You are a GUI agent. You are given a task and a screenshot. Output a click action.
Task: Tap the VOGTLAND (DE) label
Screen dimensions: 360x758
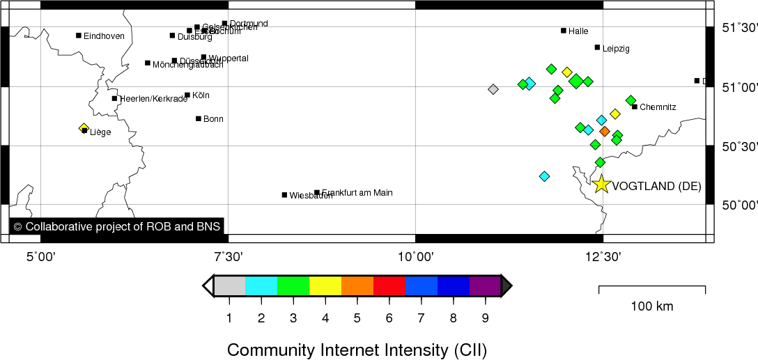pos(656,186)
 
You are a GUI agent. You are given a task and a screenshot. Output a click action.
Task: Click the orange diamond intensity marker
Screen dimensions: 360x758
pos(605,131)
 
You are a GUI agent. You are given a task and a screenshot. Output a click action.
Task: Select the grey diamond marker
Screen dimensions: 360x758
pos(493,89)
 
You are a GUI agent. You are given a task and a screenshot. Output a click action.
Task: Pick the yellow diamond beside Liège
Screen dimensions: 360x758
pos(84,128)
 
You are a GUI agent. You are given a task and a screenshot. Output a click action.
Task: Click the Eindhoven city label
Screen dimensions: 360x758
pos(104,36)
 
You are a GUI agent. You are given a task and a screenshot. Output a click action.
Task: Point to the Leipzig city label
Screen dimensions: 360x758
pos(616,49)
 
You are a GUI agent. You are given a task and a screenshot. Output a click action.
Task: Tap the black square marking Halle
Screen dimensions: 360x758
pos(564,31)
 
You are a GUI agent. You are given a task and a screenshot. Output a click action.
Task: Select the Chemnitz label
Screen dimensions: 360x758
pos(658,107)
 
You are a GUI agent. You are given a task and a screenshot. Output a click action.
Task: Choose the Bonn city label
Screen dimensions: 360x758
pos(213,119)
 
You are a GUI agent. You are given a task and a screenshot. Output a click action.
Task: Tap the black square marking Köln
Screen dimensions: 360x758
pos(187,95)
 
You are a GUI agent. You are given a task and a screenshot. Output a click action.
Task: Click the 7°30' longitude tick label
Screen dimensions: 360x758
pos(229,257)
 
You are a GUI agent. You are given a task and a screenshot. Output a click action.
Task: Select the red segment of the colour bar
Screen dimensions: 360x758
pos(389,285)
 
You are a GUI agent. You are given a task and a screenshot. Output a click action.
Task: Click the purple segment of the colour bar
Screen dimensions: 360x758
pos(485,285)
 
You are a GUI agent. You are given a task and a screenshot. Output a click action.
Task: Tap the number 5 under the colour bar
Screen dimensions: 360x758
pos(357,319)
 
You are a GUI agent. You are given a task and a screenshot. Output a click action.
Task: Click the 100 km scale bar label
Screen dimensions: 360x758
pos(652,306)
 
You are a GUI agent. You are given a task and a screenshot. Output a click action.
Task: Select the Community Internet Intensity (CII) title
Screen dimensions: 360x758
pos(357,349)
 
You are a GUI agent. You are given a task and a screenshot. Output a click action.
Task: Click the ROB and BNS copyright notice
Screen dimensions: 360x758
pos(116,226)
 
